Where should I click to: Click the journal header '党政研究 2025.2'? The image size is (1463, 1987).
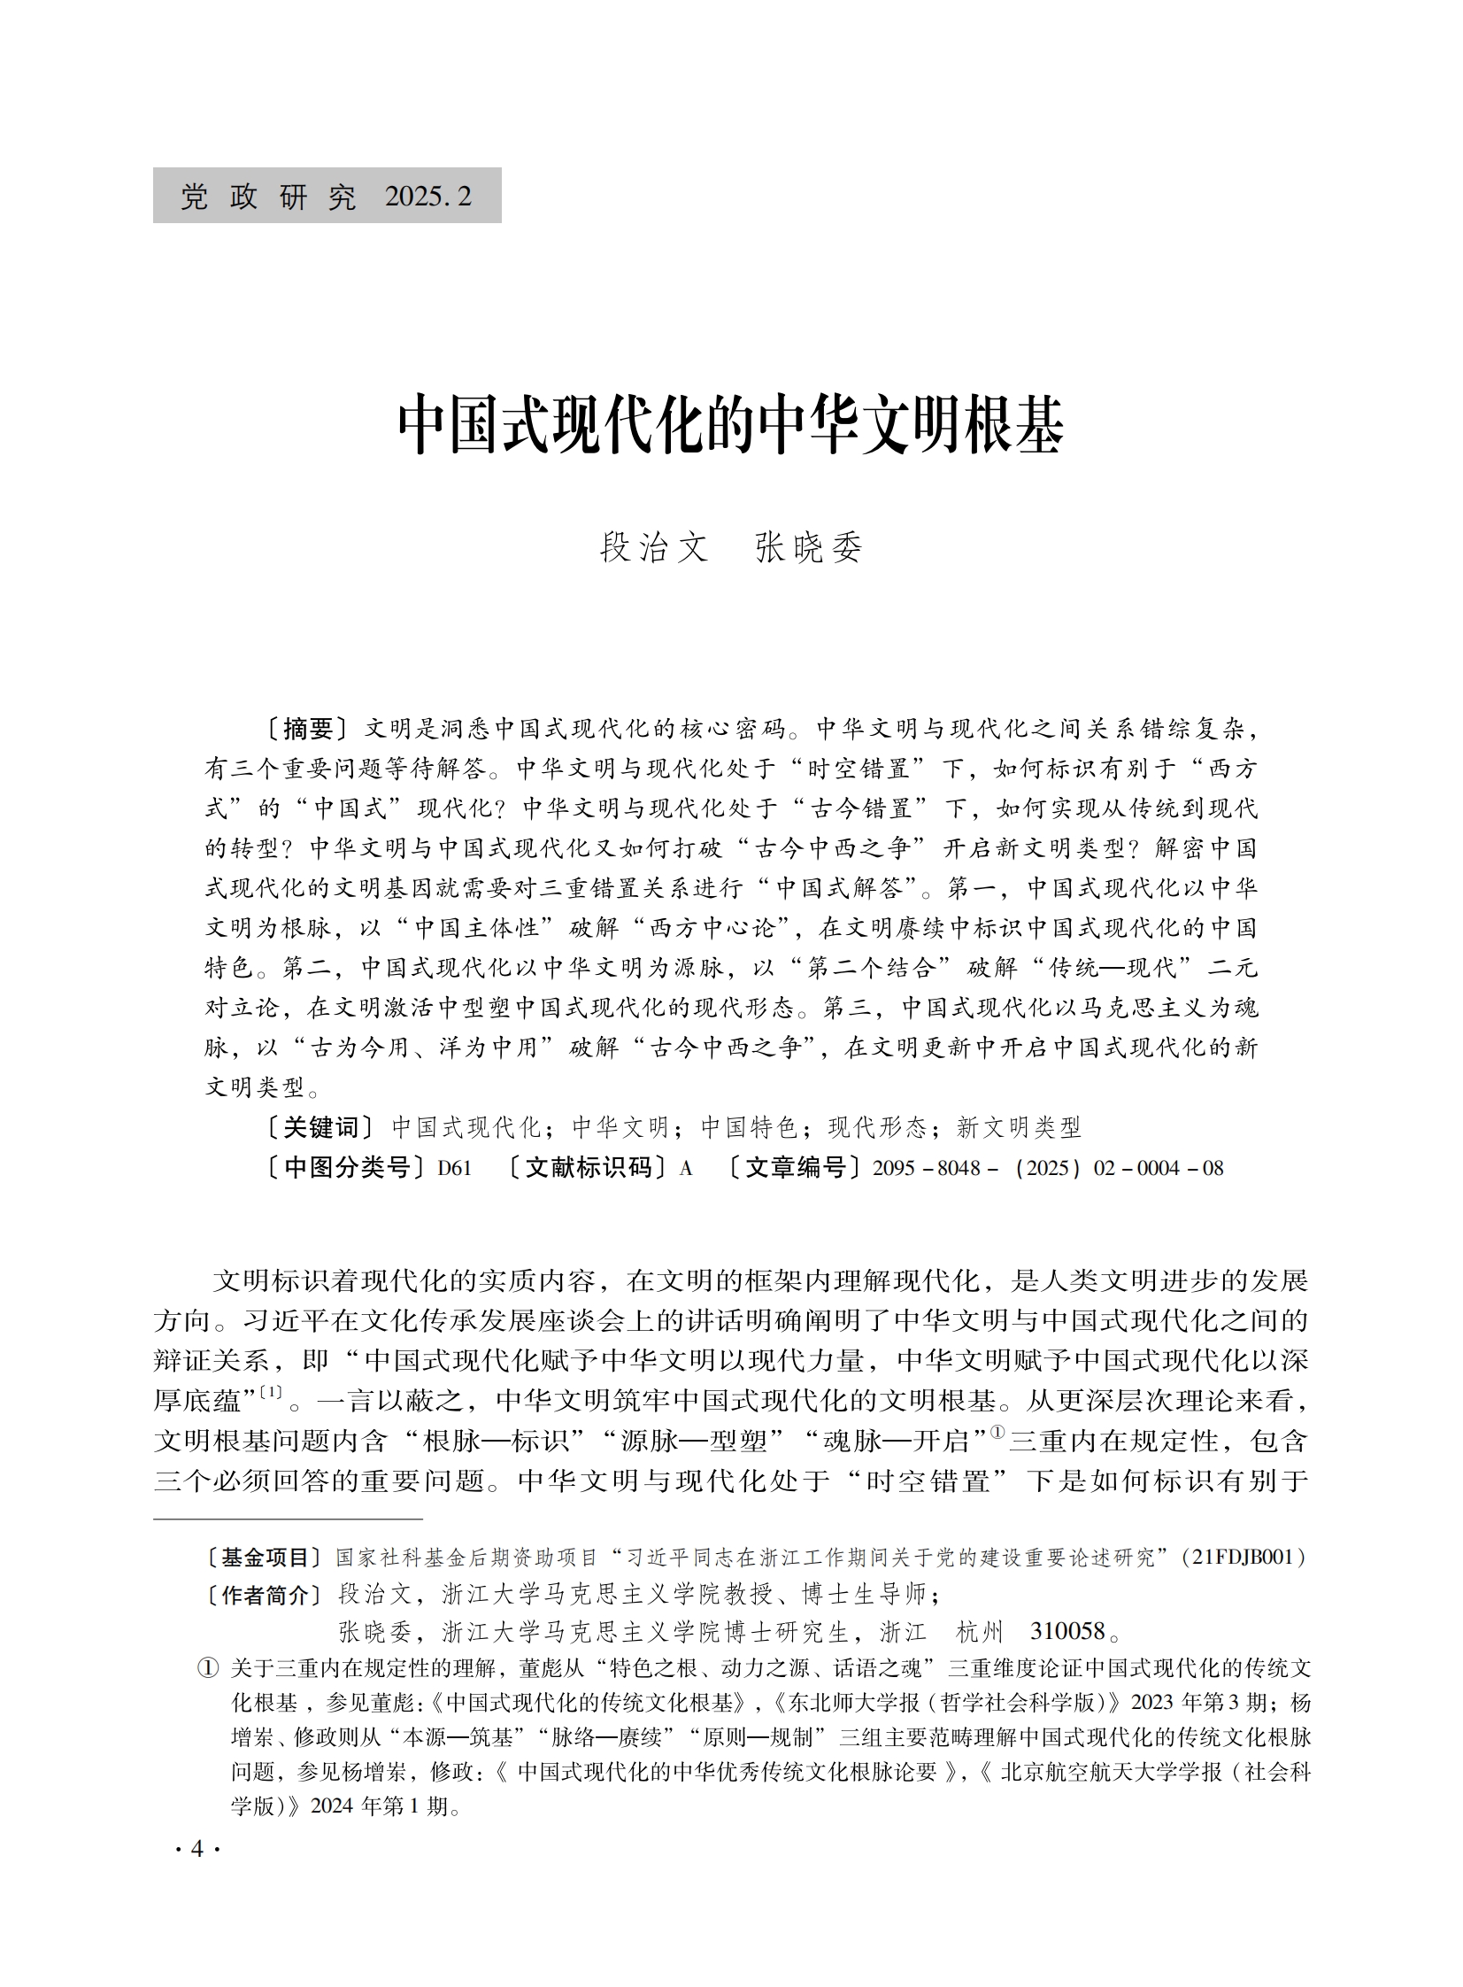tap(327, 196)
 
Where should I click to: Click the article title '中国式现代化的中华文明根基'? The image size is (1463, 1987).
tap(730, 426)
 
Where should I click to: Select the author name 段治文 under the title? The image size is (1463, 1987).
tap(654, 547)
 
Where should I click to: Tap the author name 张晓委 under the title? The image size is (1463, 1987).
tap(809, 547)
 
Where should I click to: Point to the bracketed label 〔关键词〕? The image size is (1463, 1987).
tap(322, 1128)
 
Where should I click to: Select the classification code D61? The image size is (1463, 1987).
tap(454, 1169)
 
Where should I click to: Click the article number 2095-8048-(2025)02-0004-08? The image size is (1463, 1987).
tap(1048, 1169)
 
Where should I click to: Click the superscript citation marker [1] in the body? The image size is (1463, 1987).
tap(270, 1392)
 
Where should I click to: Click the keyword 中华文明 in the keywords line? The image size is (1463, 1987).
tap(620, 1128)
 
